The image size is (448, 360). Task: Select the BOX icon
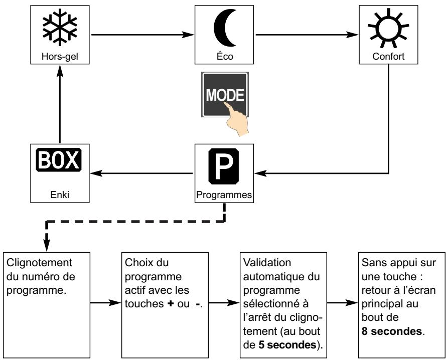pos(60,162)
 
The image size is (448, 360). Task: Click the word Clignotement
pos(34,264)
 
